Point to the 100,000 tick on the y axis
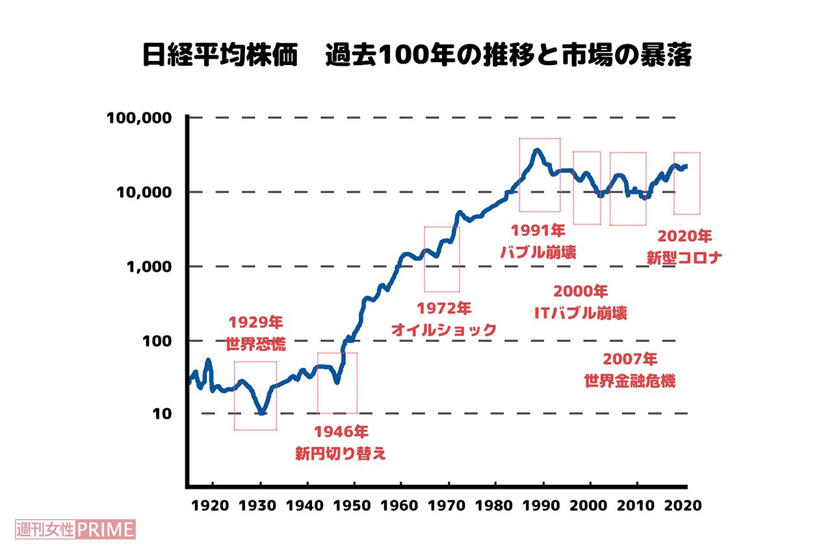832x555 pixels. click(138, 118)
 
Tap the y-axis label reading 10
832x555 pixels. click(162, 414)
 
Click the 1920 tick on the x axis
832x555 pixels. click(213, 505)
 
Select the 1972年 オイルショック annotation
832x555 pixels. click(443, 318)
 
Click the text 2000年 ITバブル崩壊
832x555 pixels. click(580, 302)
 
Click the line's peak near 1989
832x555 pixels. click(536, 150)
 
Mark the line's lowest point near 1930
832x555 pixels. click(261, 413)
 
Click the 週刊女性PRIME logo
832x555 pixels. click(74, 529)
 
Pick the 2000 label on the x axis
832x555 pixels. click(590, 505)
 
